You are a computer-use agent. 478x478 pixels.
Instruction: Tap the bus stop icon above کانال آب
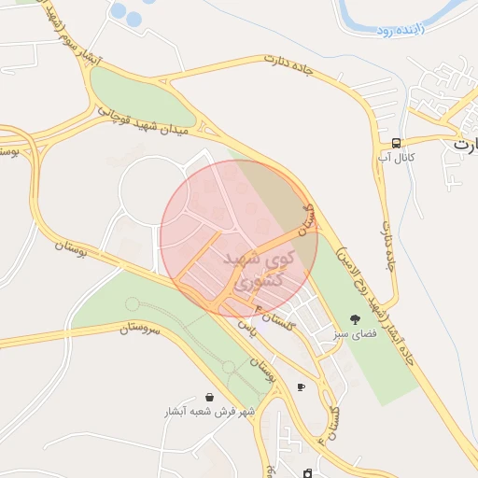397,143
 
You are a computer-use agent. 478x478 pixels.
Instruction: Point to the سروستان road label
140,329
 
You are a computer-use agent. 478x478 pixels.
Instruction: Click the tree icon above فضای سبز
354,319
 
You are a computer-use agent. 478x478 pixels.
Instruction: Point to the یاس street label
245,328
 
